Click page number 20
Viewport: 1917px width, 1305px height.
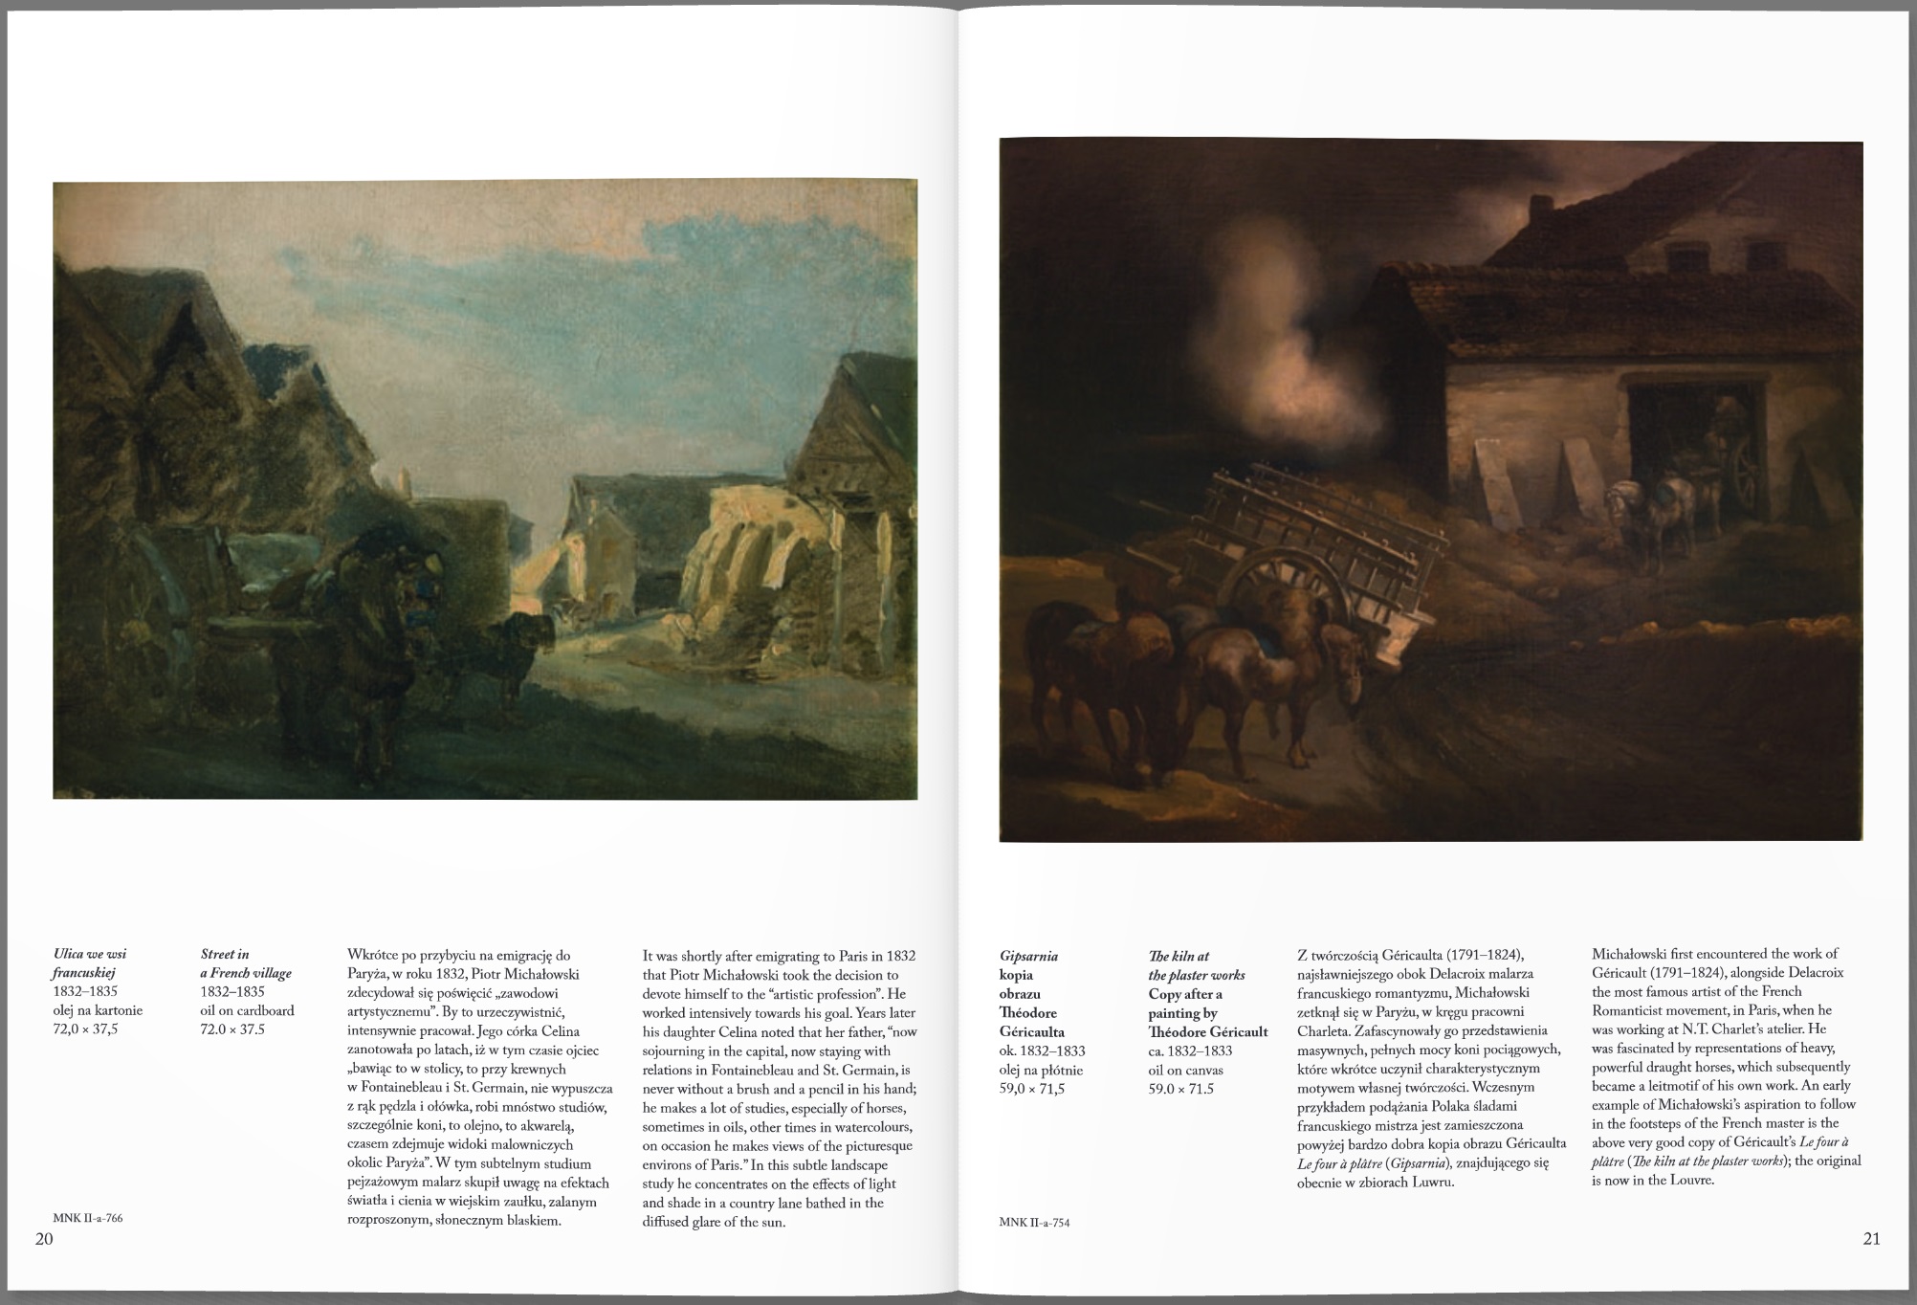point(44,1239)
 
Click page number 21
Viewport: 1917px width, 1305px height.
point(1871,1238)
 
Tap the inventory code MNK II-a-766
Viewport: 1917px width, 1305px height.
point(88,1218)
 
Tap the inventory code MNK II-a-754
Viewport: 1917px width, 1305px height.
point(1035,1222)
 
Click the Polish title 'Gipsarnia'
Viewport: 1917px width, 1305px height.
point(1028,956)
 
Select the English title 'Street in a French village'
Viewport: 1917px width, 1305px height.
point(245,963)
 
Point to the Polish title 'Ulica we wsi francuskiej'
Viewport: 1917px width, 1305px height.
point(89,963)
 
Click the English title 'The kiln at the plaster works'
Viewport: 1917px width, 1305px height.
point(1196,965)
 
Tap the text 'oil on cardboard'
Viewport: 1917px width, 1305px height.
point(247,1010)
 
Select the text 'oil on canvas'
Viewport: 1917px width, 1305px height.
point(1185,1070)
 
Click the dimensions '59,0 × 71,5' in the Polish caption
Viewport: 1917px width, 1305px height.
point(1031,1089)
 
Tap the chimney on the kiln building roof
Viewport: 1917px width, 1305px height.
point(1540,208)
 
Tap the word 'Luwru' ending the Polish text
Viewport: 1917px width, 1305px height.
point(1434,1182)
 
